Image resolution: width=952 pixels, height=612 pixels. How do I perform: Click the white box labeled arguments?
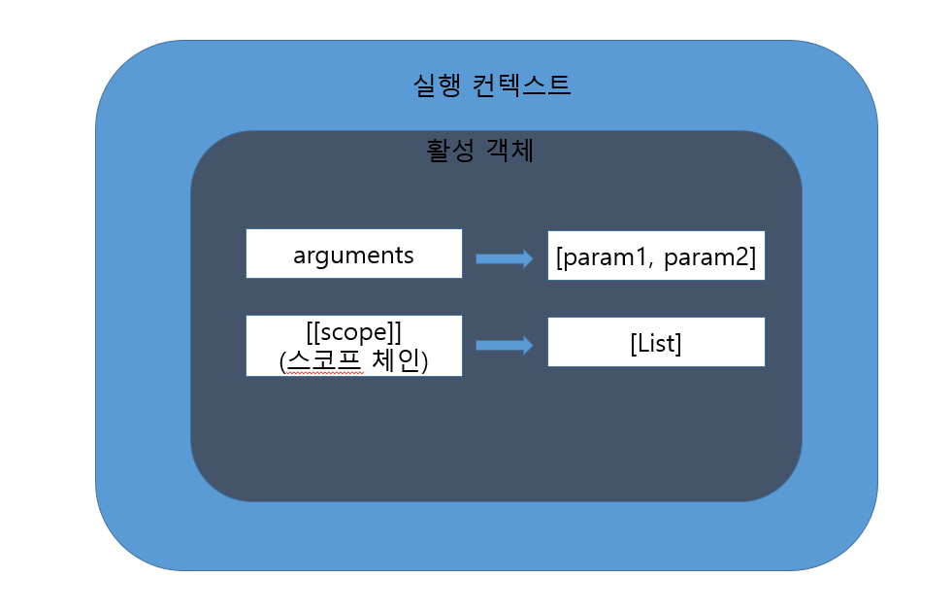[x=353, y=255]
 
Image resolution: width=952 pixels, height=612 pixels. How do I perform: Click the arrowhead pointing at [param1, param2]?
[x=527, y=258]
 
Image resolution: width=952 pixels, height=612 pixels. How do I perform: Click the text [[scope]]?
[x=353, y=332]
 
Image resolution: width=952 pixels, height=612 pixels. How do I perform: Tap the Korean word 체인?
[x=395, y=361]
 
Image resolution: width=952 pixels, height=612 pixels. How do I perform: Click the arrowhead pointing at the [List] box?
[x=527, y=345]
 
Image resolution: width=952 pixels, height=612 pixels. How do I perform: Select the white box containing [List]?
[x=656, y=342]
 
